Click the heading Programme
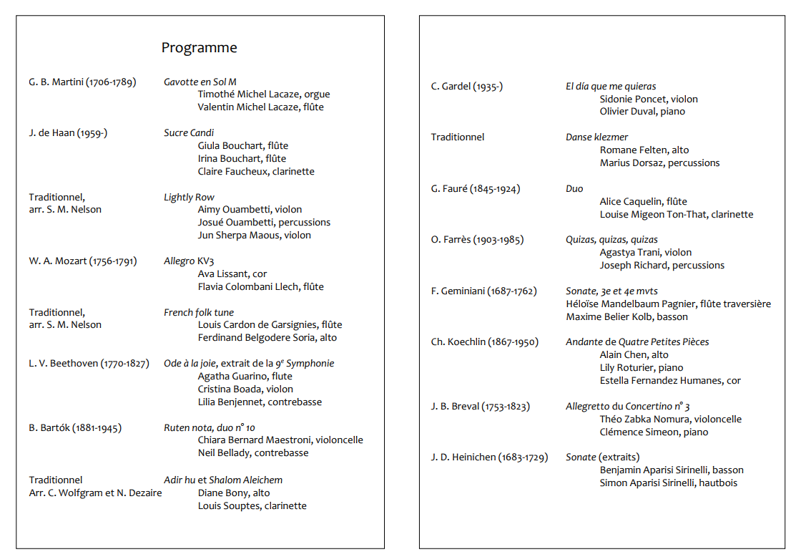click(x=199, y=48)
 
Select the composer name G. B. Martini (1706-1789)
click(x=82, y=82)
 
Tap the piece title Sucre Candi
click(x=189, y=133)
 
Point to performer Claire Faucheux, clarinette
click(x=256, y=172)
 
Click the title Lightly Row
click(x=189, y=198)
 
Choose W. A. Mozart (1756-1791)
click(x=83, y=261)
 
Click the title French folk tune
click(x=199, y=313)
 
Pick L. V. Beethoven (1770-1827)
click(x=89, y=364)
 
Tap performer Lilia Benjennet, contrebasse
click(x=260, y=402)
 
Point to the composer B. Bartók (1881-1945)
click(x=75, y=428)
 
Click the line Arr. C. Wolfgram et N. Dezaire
click(x=95, y=493)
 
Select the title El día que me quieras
click(x=611, y=87)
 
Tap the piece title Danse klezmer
click(x=597, y=137)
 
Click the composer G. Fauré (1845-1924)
click(x=476, y=189)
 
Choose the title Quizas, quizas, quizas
click(x=611, y=240)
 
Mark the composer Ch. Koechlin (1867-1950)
click(x=485, y=342)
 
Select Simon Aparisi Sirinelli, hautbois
click(x=668, y=483)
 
